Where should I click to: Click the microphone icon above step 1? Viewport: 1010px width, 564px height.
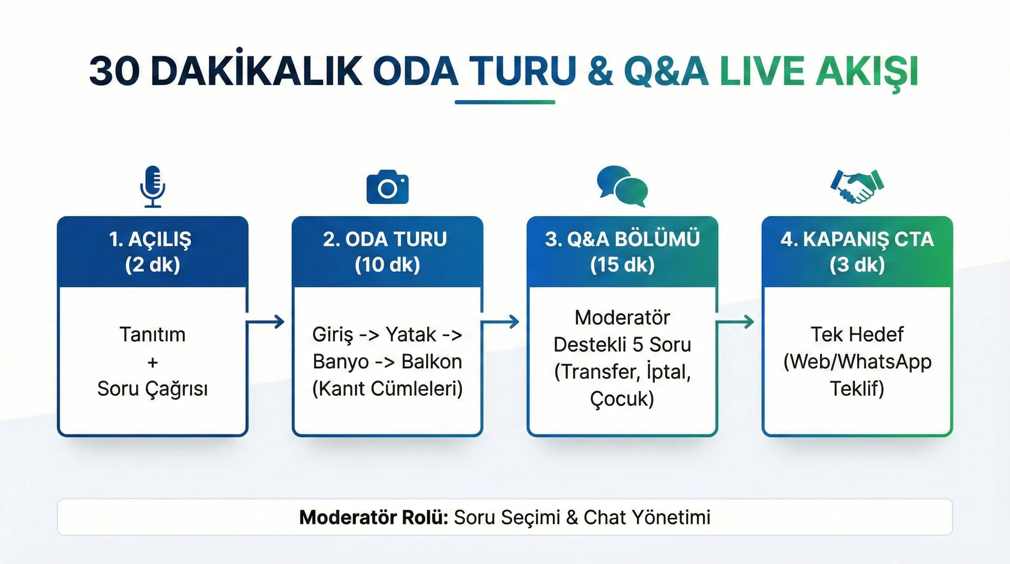(153, 186)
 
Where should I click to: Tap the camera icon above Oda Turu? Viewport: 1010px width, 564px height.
(388, 187)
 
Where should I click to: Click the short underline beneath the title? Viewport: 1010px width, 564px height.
(505, 102)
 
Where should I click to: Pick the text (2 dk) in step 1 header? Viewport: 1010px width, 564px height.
(153, 264)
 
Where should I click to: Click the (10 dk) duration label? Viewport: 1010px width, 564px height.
(388, 264)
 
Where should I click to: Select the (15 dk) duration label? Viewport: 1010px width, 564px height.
(622, 264)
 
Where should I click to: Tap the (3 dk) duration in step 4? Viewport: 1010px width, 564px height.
(857, 264)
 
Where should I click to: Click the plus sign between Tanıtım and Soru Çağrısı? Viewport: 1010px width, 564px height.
(153, 362)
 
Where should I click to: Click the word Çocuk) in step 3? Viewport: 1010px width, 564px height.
(622, 398)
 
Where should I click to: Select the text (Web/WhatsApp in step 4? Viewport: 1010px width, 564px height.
(857, 362)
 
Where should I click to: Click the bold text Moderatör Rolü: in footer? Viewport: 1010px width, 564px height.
(374, 517)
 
